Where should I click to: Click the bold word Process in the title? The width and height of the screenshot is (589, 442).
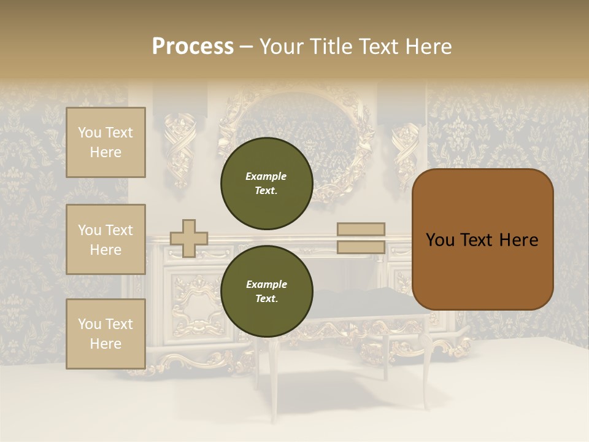coord(193,47)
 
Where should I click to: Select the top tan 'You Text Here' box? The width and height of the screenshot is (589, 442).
coord(106,142)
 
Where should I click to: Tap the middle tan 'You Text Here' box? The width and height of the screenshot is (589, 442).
coord(106,239)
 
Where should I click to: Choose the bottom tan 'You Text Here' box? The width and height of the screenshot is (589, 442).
coord(106,334)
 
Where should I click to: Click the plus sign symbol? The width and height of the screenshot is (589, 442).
coord(189,238)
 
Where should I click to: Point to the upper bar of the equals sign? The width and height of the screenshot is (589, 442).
coord(361,229)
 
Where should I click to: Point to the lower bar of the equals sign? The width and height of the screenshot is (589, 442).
coord(361,247)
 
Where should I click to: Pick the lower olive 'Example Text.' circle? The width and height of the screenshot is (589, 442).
coord(266,291)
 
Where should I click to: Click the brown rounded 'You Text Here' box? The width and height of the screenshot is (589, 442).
coord(483,239)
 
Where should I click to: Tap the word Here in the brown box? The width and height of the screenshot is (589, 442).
coord(519,240)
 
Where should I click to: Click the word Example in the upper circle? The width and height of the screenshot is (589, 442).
coord(266,176)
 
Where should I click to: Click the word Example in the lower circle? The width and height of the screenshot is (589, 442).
coord(266,284)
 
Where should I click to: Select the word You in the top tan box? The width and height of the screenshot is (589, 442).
coord(89,133)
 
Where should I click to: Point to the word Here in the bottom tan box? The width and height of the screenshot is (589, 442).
coord(106,344)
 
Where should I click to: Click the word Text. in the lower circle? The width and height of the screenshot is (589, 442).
coord(266,299)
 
